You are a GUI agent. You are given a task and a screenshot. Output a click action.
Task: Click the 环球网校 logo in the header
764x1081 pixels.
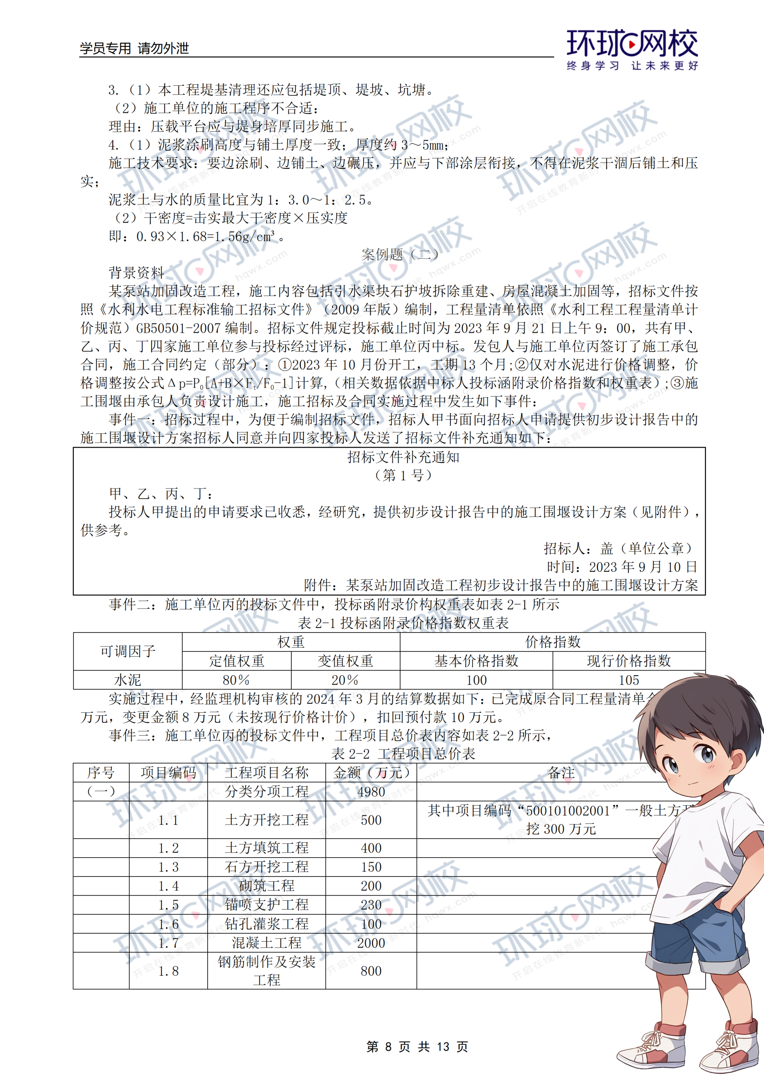(x=632, y=49)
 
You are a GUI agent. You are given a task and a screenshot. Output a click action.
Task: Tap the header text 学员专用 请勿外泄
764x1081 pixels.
(x=134, y=48)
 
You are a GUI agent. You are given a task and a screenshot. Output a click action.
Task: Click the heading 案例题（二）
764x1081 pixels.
(x=400, y=255)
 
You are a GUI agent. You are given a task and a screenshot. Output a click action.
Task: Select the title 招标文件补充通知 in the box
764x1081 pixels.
(x=403, y=457)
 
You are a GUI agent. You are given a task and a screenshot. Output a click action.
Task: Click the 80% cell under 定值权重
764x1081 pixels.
(x=236, y=680)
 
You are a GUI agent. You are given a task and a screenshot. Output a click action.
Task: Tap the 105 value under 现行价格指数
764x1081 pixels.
(x=629, y=680)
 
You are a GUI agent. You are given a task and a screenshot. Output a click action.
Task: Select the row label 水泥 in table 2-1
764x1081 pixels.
(x=127, y=680)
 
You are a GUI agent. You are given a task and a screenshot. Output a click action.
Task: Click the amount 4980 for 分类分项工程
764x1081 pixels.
(x=371, y=792)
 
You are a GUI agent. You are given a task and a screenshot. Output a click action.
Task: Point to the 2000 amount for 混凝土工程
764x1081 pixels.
(x=371, y=943)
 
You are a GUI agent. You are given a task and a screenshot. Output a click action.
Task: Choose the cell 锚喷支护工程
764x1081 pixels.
(x=266, y=905)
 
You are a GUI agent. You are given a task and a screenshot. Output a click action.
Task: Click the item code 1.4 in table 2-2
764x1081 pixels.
(x=168, y=886)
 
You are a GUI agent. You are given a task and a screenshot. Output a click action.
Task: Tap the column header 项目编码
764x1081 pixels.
(x=168, y=773)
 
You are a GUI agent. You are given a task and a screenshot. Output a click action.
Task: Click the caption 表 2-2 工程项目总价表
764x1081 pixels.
(x=403, y=754)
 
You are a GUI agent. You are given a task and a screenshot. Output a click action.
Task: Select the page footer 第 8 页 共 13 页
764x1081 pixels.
(x=417, y=1047)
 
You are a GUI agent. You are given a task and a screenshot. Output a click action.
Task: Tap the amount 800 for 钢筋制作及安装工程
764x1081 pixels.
(x=371, y=971)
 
